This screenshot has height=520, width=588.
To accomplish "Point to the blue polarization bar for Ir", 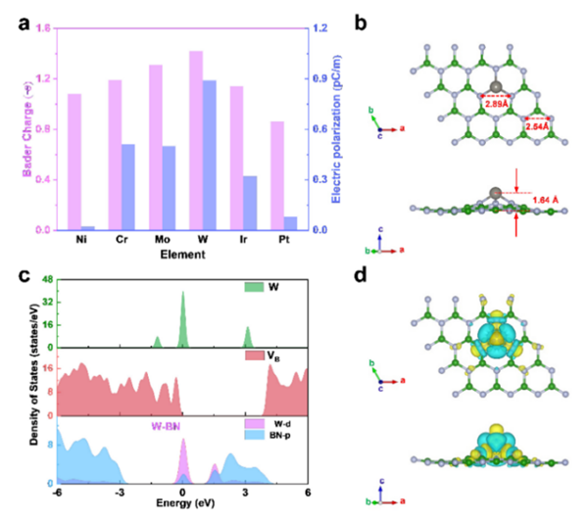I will tap(250, 203).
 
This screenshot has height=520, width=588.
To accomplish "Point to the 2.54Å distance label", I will tap(538, 126).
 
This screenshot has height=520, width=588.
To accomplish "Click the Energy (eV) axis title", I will tap(182, 509).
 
